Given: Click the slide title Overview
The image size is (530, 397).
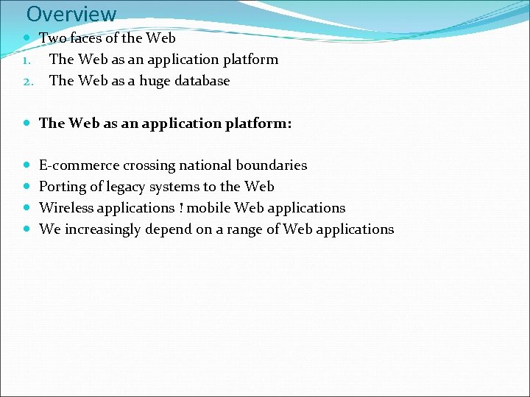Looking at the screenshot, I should click(x=71, y=14).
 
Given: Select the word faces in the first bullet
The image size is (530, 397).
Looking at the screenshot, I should click(x=85, y=37).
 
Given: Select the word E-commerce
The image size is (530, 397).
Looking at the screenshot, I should click(x=79, y=165).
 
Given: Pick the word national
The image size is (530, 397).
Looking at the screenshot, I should click(x=200, y=165).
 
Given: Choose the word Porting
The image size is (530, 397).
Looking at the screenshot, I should click(x=62, y=187).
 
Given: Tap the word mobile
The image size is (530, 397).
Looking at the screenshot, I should click(x=208, y=208).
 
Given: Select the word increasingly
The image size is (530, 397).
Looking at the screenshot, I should click(x=103, y=229).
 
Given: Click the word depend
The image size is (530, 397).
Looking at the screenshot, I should click(x=168, y=229).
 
